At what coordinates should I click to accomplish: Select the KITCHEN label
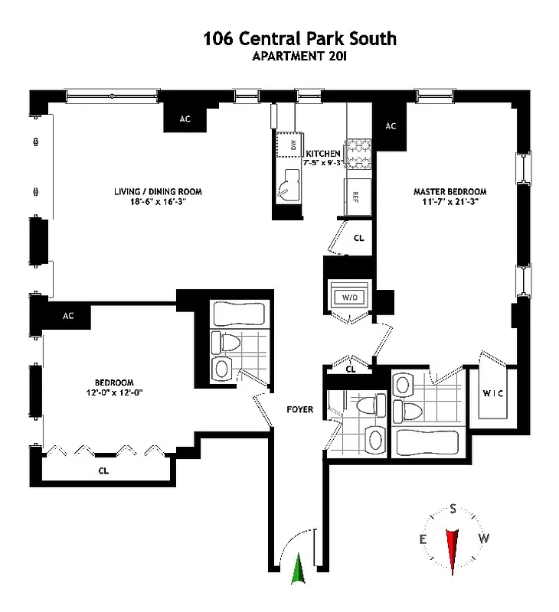[x=323, y=153]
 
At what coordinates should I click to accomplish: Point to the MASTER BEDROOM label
[x=449, y=191]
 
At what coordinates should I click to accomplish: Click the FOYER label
[x=300, y=409]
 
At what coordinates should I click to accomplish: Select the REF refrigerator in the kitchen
[x=356, y=197]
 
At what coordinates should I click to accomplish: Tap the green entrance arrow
[x=299, y=570]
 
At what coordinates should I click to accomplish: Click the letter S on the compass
[x=453, y=509]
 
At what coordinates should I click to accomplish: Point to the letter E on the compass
[x=422, y=539]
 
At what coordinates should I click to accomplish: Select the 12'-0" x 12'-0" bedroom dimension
[x=115, y=392]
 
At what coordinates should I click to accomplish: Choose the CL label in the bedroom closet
[x=103, y=471]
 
